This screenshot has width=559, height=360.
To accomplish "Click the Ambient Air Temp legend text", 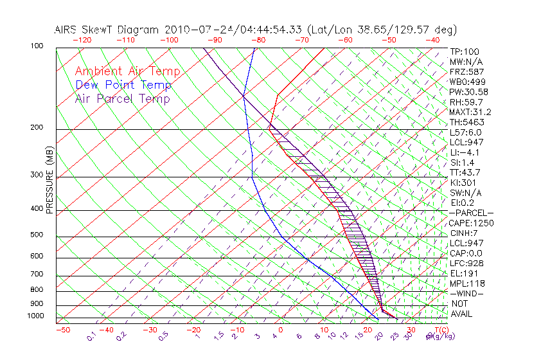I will point(127,71).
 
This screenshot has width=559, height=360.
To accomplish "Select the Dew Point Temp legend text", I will point(123,85).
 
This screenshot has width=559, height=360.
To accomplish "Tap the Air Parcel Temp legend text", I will point(122,98).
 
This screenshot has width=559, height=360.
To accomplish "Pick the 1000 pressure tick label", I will point(36,316).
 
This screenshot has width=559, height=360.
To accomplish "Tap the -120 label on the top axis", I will point(81,40).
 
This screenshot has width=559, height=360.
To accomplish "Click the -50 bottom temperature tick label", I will point(62,330).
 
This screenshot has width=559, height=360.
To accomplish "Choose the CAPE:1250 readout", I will point(470,223).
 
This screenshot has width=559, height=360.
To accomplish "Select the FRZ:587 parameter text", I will point(466,72).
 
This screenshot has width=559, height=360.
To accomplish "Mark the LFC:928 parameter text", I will point(466,264).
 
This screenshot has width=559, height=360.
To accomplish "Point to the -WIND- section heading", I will point(466,293).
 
